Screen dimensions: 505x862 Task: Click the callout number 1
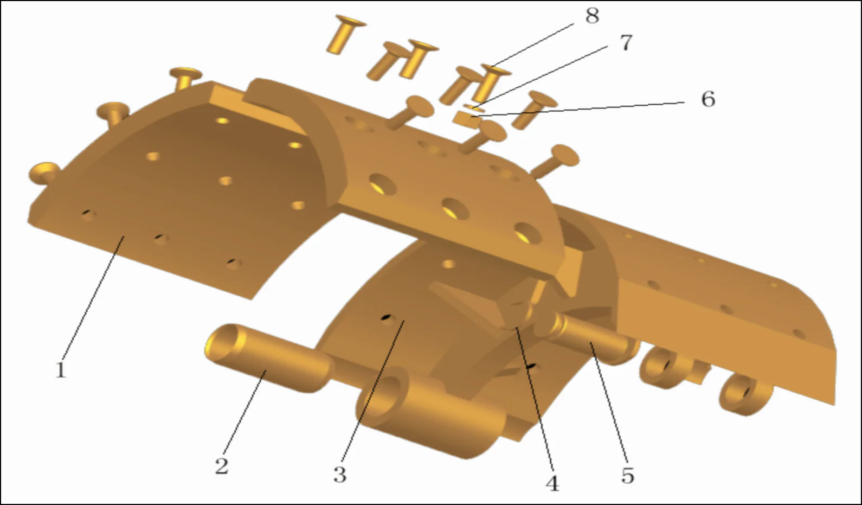[61, 370]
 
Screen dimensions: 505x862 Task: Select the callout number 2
[222, 466]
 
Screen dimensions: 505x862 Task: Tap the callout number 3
[340, 475]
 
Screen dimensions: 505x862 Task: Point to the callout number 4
[552, 483]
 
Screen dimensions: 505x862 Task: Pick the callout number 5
[627, 476]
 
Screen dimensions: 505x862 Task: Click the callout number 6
[708, 99]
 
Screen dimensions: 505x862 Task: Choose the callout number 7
[626, 42]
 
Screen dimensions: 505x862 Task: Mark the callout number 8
[592, 16]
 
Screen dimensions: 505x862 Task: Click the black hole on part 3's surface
[387, 317]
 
